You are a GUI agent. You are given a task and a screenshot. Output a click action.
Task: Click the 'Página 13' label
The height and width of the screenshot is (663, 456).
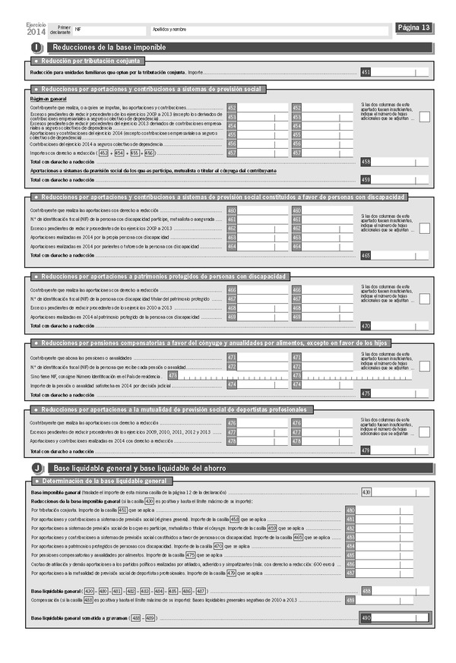point(414,28)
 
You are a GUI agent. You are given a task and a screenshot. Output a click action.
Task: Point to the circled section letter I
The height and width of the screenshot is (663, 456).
point(37,48)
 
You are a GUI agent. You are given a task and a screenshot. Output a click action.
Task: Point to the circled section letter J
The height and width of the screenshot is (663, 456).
point(37,469)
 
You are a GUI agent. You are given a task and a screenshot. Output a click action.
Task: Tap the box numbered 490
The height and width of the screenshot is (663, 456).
point(366,618)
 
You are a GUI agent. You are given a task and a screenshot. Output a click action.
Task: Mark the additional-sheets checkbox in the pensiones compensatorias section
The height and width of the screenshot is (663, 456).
point(425,367)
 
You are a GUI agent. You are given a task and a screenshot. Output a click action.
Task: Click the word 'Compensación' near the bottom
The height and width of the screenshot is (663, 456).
point(45,599)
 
